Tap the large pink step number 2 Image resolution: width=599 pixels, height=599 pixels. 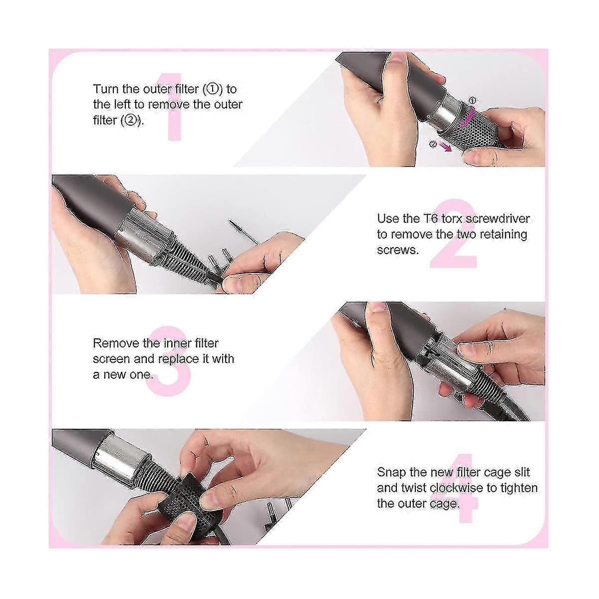coord(454,234)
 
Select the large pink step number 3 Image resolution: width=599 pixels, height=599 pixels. coord(168,361)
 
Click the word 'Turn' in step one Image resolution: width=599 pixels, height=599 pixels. coord(106,89)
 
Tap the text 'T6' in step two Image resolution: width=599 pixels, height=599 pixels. coord(430,219)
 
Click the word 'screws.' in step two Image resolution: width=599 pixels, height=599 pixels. coord(397,250)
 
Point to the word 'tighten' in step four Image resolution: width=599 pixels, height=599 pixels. coord(519,488)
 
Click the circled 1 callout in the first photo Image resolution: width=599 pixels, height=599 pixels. coord(472,100)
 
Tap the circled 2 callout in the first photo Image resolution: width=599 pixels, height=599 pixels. coord(433,144)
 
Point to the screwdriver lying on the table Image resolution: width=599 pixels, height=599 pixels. coord(244,232)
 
